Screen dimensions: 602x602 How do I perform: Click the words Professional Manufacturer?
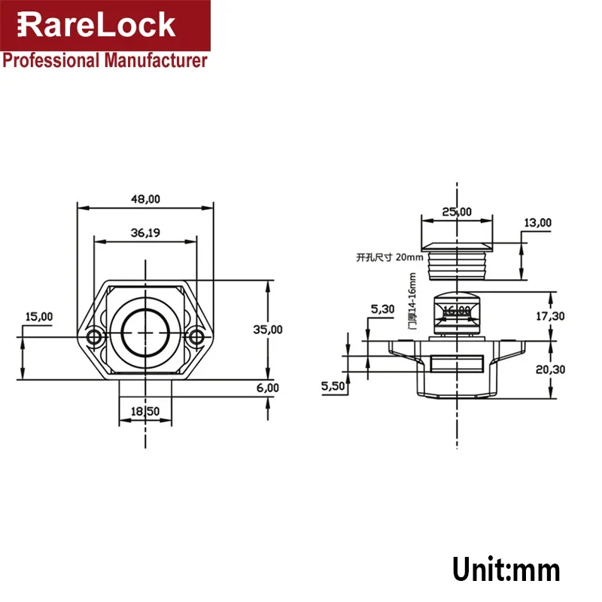(x=105, y=61)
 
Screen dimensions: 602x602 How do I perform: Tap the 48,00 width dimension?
(x=145, y=199)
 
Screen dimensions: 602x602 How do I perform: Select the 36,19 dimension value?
(x=145, y=233)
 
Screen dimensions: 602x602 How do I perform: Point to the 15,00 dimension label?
(x=38, y=317)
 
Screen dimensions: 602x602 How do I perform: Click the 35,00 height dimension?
(x=268, y=329)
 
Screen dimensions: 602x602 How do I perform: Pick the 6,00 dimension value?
(x=268, y=388)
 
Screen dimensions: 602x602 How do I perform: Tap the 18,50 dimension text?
(x=144, y=412)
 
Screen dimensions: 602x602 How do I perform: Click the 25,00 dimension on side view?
(x=457, y=212)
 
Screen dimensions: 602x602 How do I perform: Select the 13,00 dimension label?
(x=537, y=223)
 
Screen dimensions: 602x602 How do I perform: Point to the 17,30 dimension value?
(x=550, y=316)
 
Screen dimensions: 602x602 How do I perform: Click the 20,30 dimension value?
(x=550, y=369)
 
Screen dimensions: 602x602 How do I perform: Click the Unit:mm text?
(x=506, y=569)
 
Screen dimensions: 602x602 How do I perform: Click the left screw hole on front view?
(x=94, y=336)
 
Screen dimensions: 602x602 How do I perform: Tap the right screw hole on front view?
(x=196, y=336)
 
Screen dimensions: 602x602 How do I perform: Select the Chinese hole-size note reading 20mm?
(x=390, y=257)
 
